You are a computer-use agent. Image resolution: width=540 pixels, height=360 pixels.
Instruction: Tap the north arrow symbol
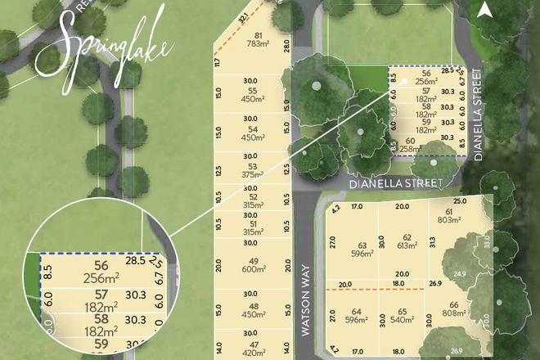click(x=484, y=10)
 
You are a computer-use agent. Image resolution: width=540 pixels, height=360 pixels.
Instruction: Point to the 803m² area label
click(x=467, y=220)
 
